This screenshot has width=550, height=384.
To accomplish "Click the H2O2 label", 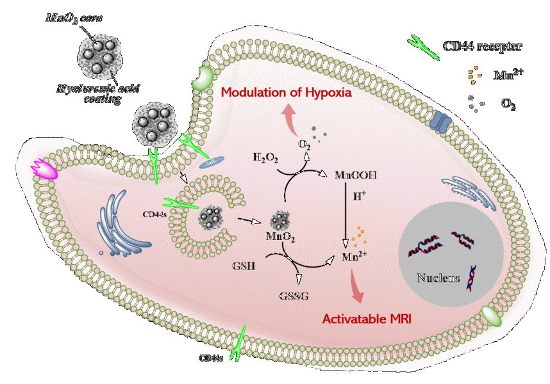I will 265,157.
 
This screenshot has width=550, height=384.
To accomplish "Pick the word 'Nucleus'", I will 438,278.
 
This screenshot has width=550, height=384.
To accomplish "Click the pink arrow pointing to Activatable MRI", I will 354,286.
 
